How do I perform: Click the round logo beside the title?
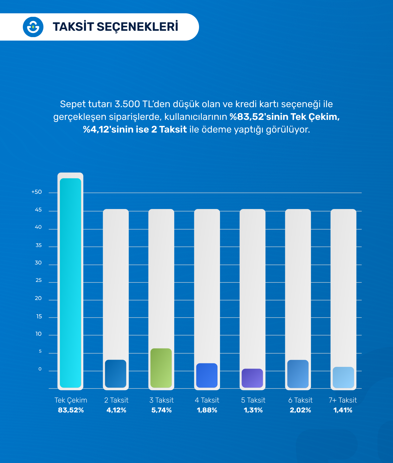(x=33, y=27)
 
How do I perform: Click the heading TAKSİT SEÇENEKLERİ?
(x=115, y=27)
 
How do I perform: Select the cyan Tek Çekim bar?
(x=70, y=282)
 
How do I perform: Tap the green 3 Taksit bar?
(x=161, y=368)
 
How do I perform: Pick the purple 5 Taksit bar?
(x=252, y=378)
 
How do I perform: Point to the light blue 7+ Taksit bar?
(x=343, y=377)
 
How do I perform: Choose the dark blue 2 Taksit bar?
(x=116, y=374)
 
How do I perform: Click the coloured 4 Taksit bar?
(x=207, y=375)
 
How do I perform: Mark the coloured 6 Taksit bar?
(x=298, y=374)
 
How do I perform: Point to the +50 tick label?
(x=36, y=192)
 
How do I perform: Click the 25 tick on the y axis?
(x=38, y=280)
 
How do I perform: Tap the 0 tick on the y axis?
(x=40, y=369)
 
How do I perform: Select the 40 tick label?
(x=38, y=227)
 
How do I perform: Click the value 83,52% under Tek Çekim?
(x=71, y=410)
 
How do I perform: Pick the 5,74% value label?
(x=161, y=410)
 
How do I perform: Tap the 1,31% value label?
(x=253, y=410)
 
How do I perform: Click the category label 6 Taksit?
(x=300, y=400)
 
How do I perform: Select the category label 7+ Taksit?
(x=343, y=400)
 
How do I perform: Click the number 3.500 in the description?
(x=127, y=104)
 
